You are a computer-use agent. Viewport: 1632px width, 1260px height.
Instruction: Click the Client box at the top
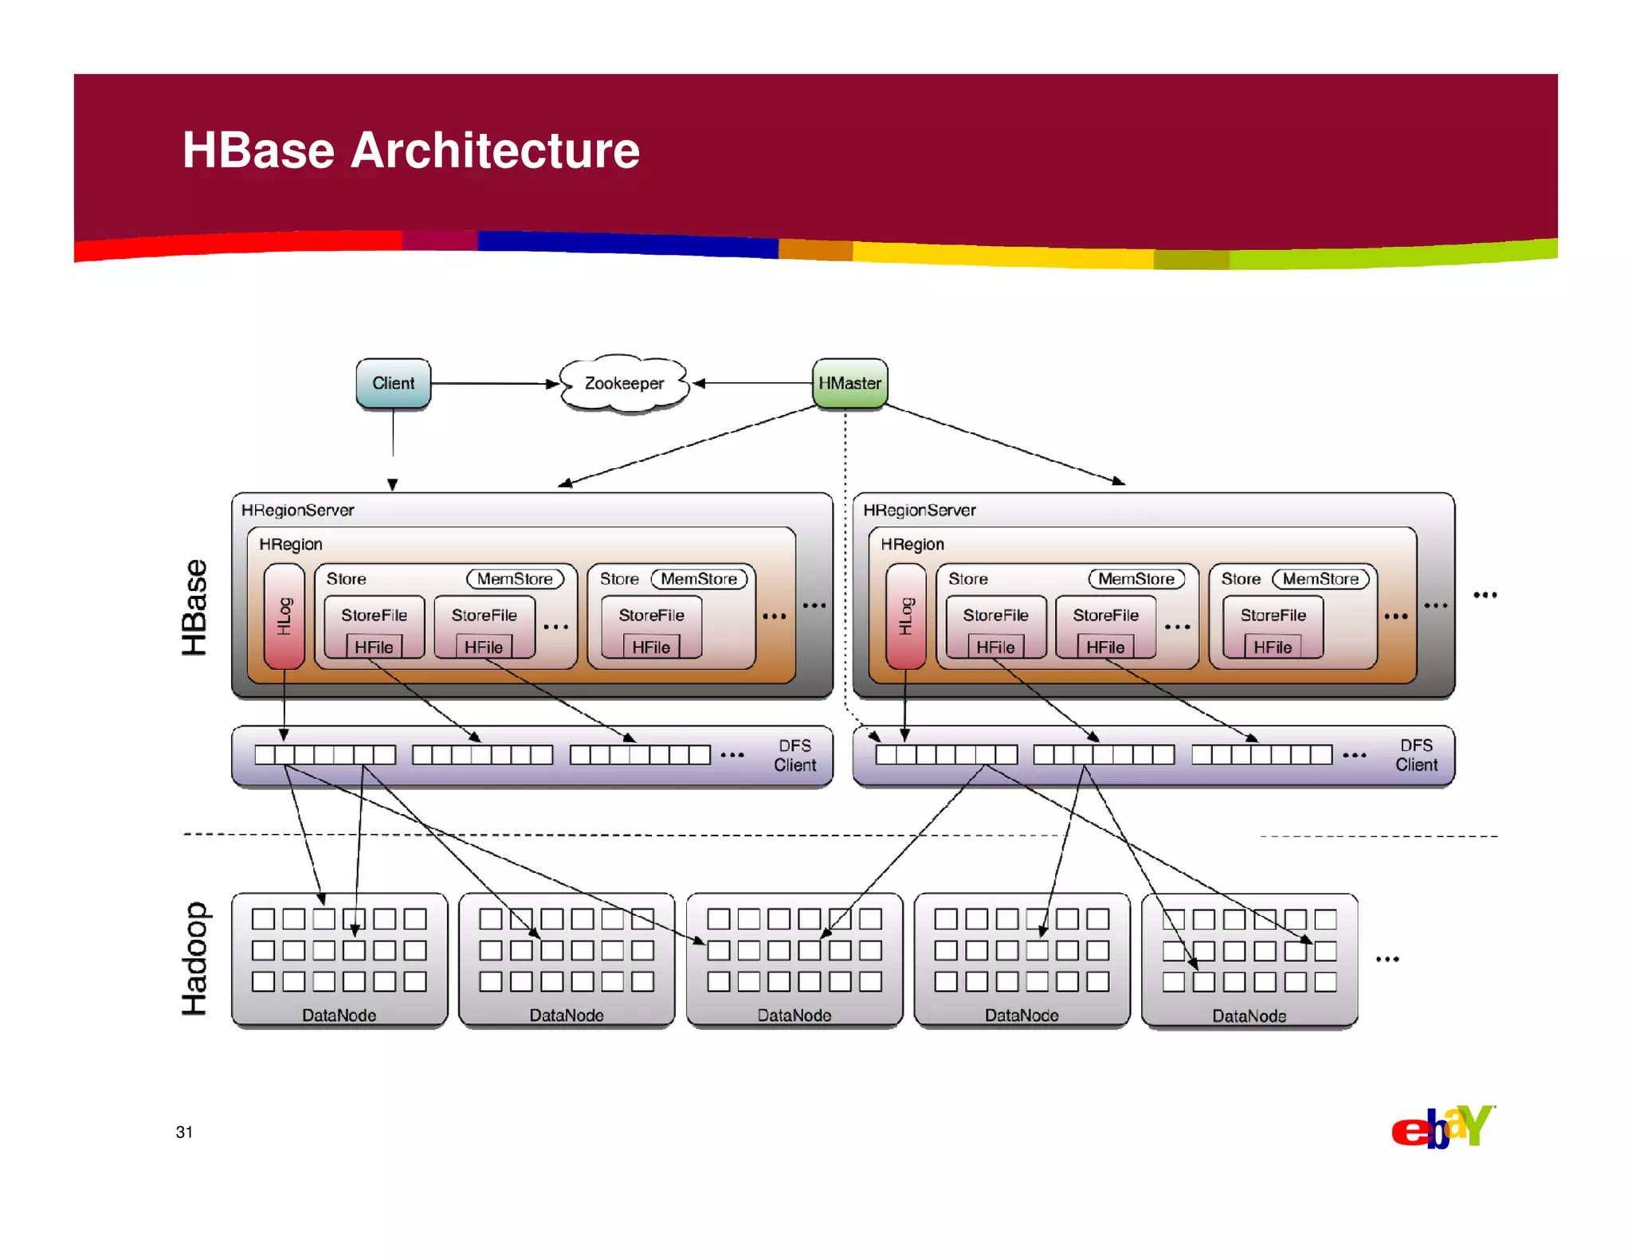tap(393, 383)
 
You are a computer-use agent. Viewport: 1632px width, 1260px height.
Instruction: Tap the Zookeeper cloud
tap(624, 383)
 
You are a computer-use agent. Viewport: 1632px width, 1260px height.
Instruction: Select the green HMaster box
tap(849, 383)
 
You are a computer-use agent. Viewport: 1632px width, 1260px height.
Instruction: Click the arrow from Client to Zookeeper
tap(494, 384)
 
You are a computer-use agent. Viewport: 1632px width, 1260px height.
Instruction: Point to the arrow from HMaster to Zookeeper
tap(753, 383)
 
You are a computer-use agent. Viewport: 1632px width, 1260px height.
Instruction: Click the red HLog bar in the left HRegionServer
tap(284, 616)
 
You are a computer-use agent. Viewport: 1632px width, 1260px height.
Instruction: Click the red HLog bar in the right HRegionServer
tap(905, 616)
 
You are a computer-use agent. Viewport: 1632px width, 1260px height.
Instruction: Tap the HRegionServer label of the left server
tap(297, 511)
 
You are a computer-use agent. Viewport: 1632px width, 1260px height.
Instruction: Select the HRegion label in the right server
tap(912, 544)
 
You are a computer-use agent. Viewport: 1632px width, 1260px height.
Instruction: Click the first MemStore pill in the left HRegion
tap(515, 579)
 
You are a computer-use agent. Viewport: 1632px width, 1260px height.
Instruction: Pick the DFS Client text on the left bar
tap(794, 755)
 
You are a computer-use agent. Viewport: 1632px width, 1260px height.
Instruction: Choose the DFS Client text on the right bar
tap(1416, 755)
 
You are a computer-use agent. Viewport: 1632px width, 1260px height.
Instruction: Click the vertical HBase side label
tap(194, 607)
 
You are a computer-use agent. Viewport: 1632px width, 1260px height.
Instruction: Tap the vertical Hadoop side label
tap(194, 958)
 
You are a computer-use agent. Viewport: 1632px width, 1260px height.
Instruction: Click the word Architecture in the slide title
tap(495, 150)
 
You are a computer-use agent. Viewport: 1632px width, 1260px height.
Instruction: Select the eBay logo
tap(1442, 1127)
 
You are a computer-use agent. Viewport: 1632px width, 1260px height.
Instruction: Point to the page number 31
tap(184, 1132)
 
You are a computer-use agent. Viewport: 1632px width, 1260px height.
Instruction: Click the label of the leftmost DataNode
tap(339, 1015)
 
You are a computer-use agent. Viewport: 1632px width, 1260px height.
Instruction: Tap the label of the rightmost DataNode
tap(1249, 1016)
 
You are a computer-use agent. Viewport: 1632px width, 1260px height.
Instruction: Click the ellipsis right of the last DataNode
tap(1387, 959)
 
